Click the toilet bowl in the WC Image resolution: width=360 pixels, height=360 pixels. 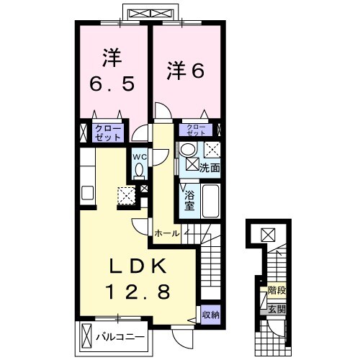140,169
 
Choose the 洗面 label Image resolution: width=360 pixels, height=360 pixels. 210,166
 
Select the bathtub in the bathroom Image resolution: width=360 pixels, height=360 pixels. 210,199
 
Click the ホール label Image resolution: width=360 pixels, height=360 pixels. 166,233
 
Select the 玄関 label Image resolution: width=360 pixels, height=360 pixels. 276,308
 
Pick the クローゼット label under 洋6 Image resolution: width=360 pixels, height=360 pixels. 197,130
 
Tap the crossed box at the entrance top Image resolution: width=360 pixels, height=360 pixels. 268,234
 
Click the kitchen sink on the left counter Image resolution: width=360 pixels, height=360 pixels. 87,194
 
